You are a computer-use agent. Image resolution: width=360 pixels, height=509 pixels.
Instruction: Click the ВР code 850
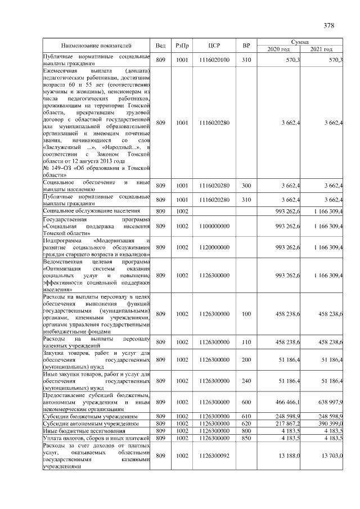(246, 438)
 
